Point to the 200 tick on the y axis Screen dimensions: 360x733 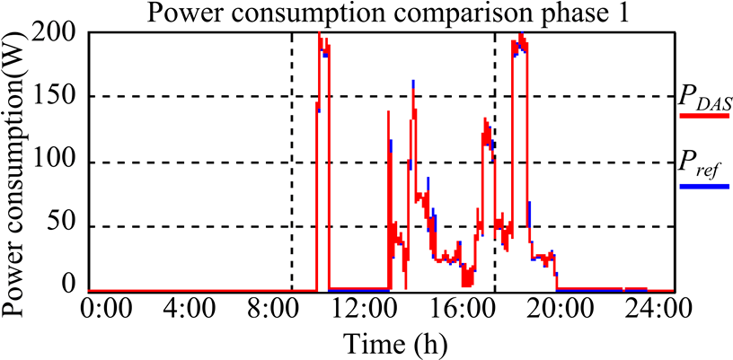tap(58, 35)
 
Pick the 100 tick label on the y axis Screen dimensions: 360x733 tap(58, 162)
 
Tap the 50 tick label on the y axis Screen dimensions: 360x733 tap(65, 227)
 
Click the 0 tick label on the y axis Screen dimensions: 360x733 tap(72, 285)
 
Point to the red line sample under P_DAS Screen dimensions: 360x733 tap(703, 116)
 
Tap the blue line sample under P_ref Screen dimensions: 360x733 tap(703, 187)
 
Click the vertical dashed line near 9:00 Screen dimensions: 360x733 tap(291, 162)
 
